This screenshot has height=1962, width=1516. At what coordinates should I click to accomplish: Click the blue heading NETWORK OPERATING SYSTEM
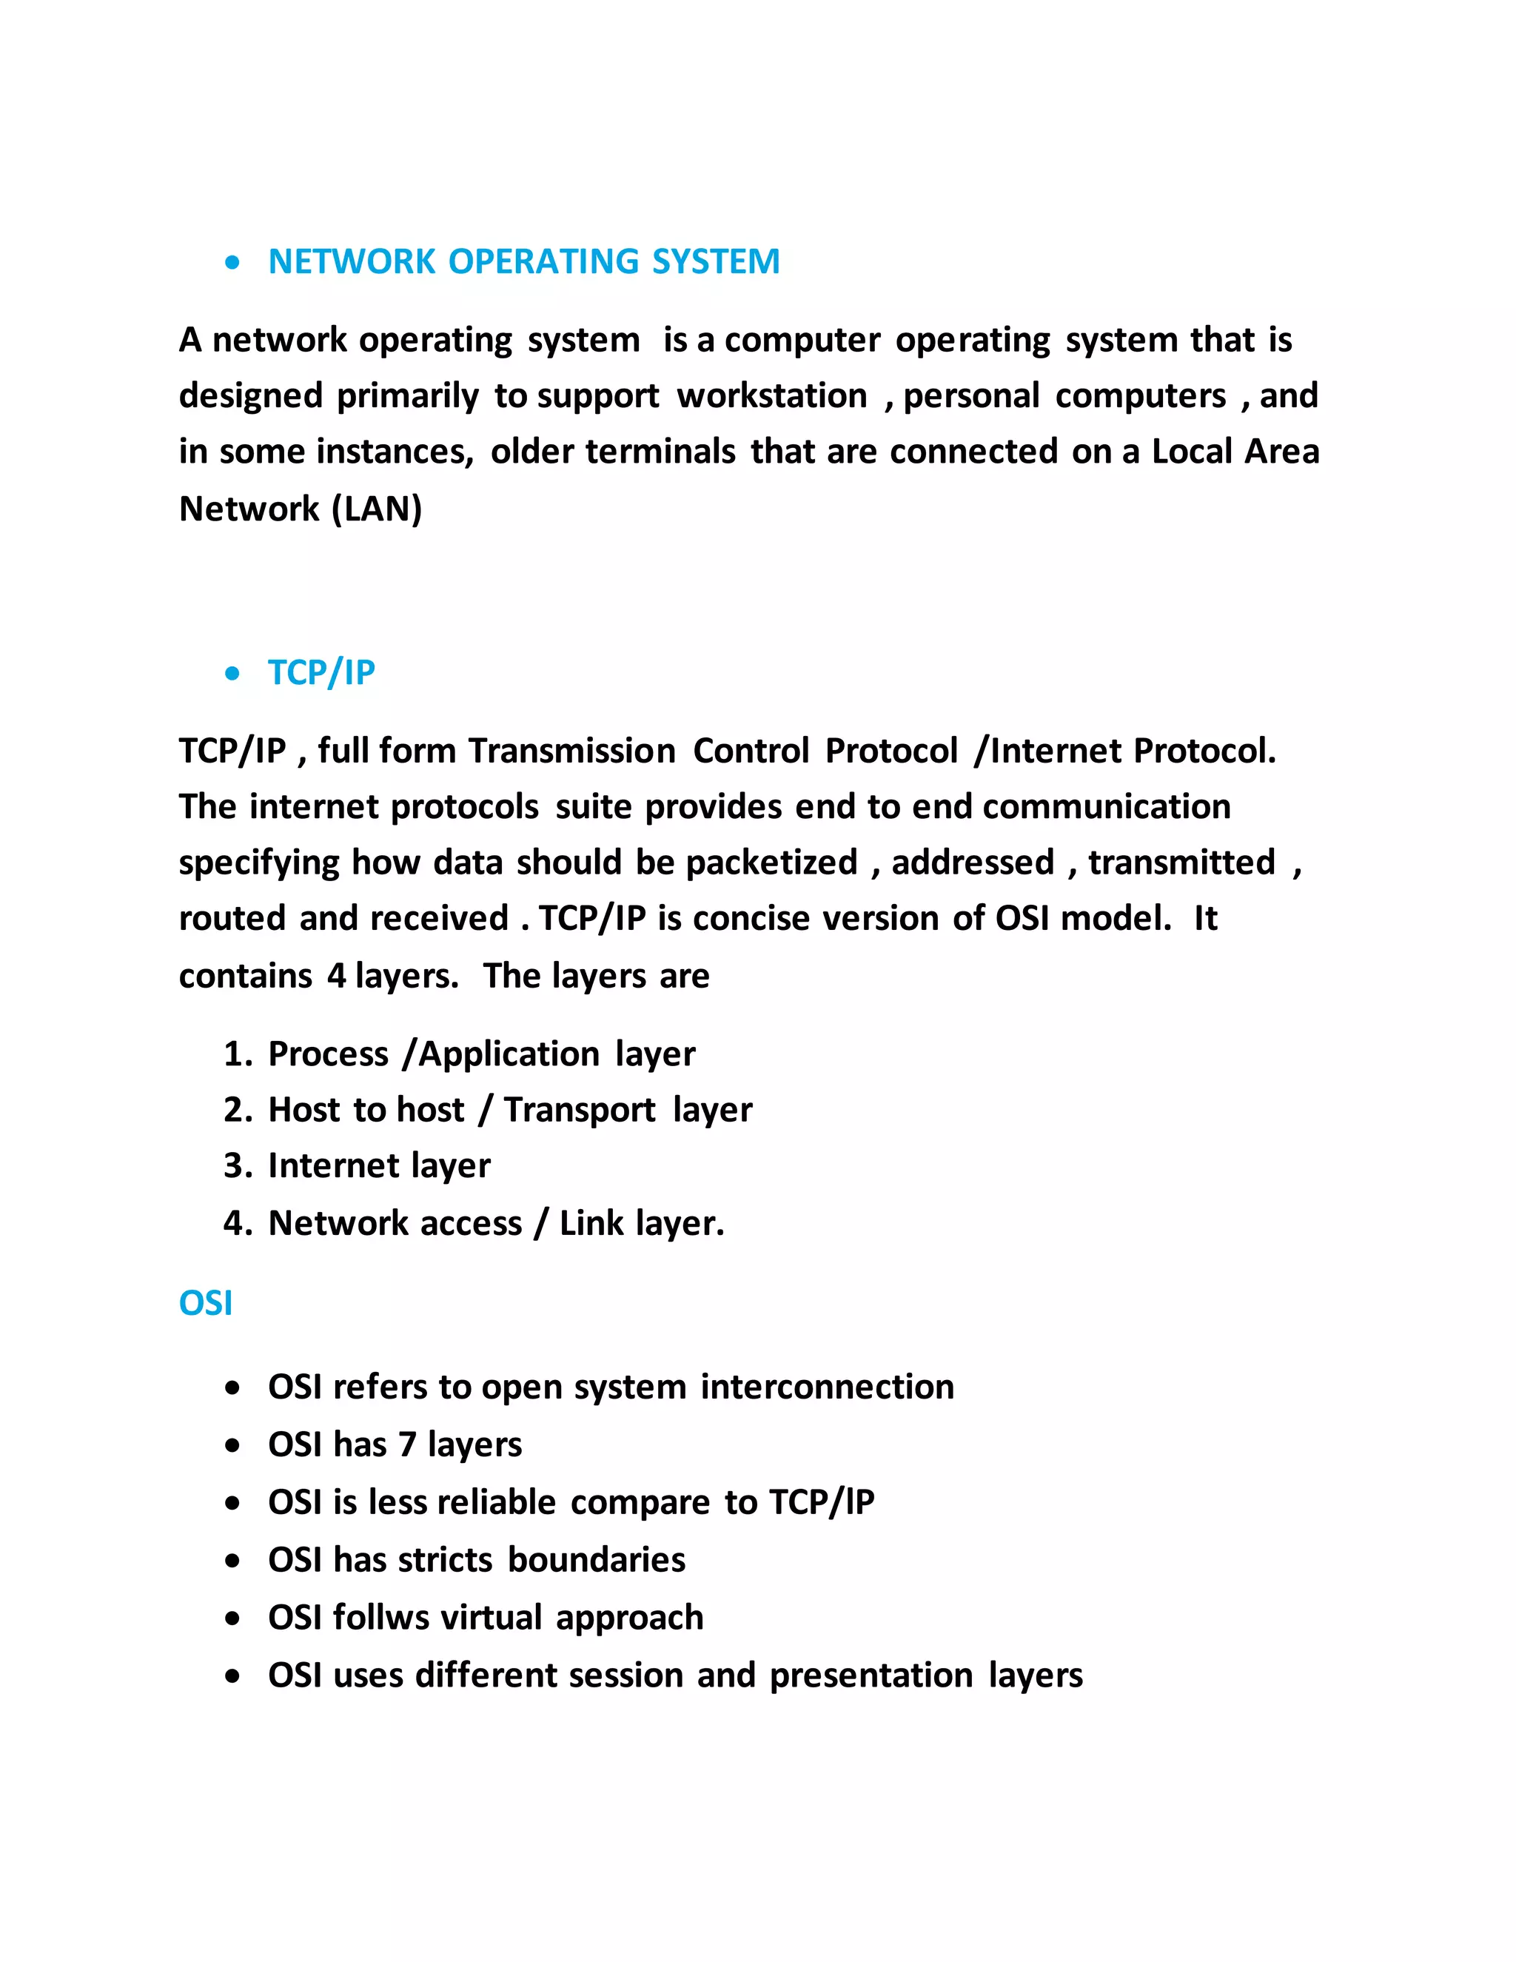[x=523, y=261]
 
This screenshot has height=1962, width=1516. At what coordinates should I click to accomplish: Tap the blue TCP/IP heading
[x=321, y=672]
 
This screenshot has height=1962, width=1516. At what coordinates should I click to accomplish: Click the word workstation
[x=771, y=396]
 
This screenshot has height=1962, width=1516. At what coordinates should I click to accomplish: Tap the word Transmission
[x=572, y=751]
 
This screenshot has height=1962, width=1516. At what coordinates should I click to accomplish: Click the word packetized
[x=771, y=863]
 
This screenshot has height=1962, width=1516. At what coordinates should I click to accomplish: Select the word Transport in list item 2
[x=580, y=1111]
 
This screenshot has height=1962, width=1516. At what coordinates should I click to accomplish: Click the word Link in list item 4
[x=591, y=1224]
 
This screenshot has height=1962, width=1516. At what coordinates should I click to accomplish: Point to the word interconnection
[x=827, y=1387]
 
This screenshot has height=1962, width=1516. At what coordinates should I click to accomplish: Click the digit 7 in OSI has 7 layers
[x=407, y=1444]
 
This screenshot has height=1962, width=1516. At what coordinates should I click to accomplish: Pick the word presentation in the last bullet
[x=871, y=1675]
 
